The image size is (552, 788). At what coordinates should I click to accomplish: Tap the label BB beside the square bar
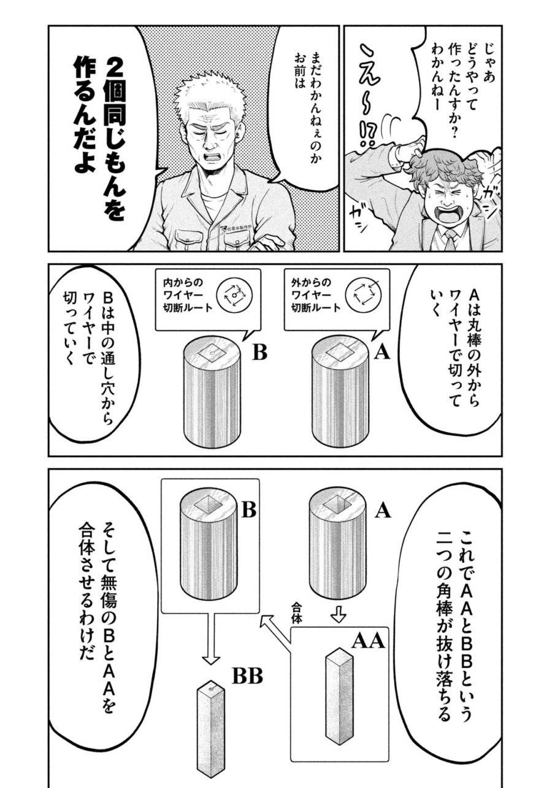click(247, 676)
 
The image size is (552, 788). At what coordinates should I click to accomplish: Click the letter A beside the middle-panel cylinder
click(382, 353)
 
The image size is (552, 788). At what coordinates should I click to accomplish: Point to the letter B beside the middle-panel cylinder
click(260, 354)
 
